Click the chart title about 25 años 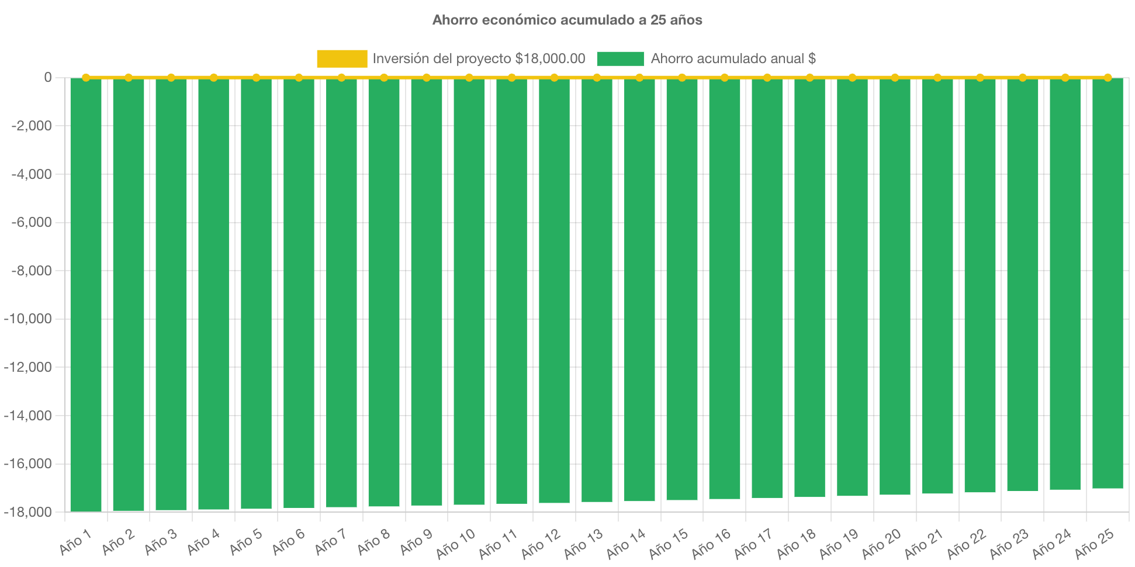(x=567, y=20)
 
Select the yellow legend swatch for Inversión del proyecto (x=342, y=58)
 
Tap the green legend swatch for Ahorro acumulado (x=620, y=58)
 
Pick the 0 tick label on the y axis (x=47, y=77)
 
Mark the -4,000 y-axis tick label (x=31, y=174)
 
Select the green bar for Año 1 (x=86, y=292)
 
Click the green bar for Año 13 (x=597, y=292)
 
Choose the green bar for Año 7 (x=341, y=292)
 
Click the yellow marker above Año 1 (x=86, y=77)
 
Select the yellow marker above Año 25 (x=1108, y=77)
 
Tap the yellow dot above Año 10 (x=469, y=77)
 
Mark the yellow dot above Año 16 (x=725, y=77)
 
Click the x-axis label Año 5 (x=246, y=542)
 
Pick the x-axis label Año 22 (x=967, y=543)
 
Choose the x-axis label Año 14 (x=626, y=543)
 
